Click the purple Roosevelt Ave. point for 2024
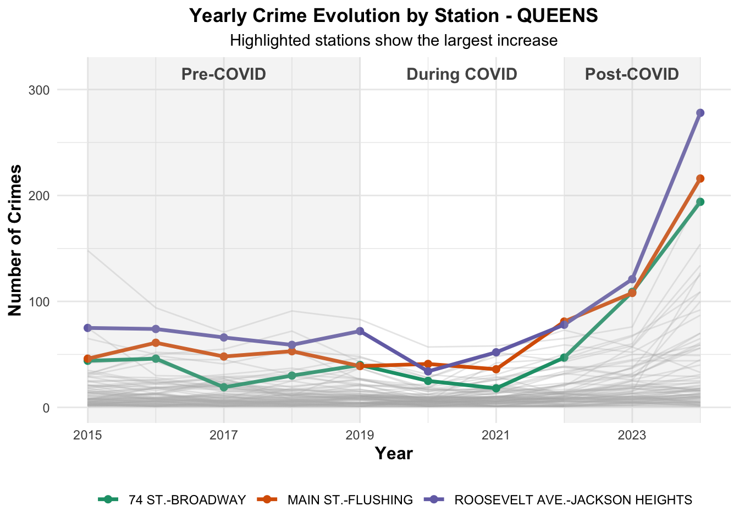point(700,113)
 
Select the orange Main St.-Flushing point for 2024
point(700,179)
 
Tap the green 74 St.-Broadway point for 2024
point(700,202)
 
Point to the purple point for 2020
point(428,371)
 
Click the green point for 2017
point(224,387)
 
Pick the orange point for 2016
point(156,343)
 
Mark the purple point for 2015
point(87,328)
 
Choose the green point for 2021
point(496,388)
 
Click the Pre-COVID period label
point(224,74)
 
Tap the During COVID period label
point(462,74)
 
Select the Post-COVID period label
point(632,74)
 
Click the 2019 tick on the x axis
point(360,436)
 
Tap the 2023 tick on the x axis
point(632,436)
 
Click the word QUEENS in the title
point(558,15)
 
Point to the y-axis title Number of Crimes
point(15,240)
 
